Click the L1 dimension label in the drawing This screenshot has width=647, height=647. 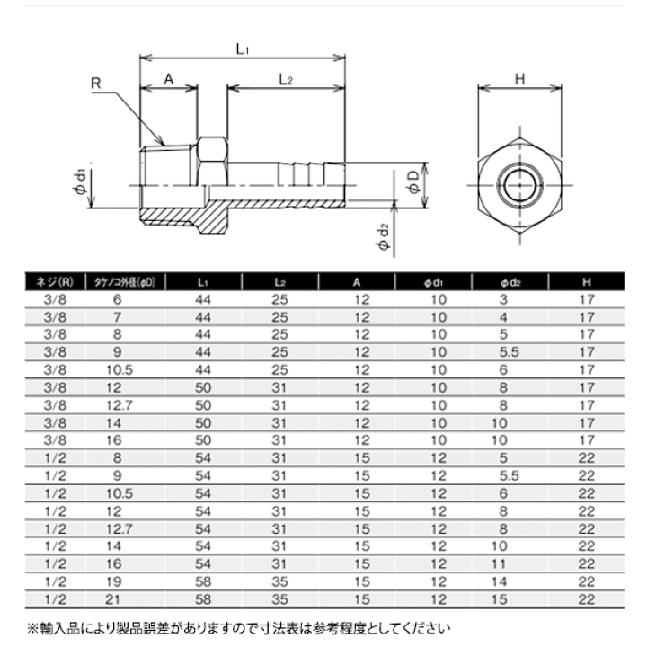point(243,50)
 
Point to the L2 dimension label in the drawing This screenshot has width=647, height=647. point(286,80)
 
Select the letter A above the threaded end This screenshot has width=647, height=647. point(167,80)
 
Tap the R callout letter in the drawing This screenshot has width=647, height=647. point(96,83)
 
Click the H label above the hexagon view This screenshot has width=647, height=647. point(518,80)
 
